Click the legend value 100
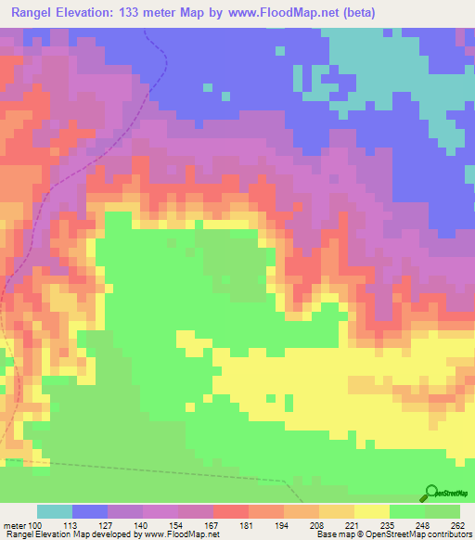(36, 524)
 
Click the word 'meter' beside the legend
(16, 524)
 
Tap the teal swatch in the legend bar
(55, 511)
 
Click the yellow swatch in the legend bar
(372, 511)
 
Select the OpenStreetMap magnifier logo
(431, 493)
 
